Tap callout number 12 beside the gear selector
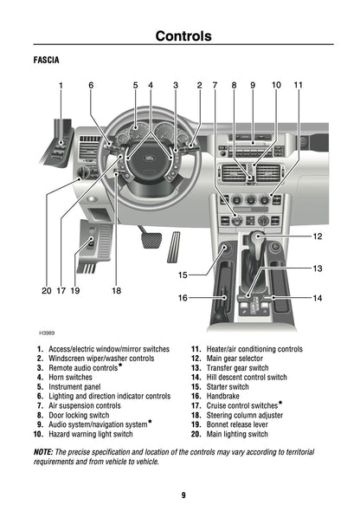click(317, 236)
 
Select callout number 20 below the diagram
click(47, 291)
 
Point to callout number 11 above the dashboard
click(298, 85)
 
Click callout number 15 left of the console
click(183, 275)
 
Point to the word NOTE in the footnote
click(43, 452)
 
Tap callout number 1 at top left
click(61, 85)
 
